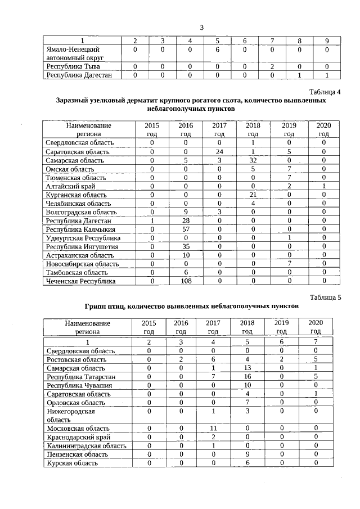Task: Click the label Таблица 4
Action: (325, 91)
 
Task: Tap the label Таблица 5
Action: (325, 298)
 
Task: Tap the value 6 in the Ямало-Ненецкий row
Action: (217, 49)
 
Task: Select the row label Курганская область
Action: (74, 195)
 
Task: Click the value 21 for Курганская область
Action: (253, 195)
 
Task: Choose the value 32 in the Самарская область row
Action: (253, 160)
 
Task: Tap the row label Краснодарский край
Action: (75, 437)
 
